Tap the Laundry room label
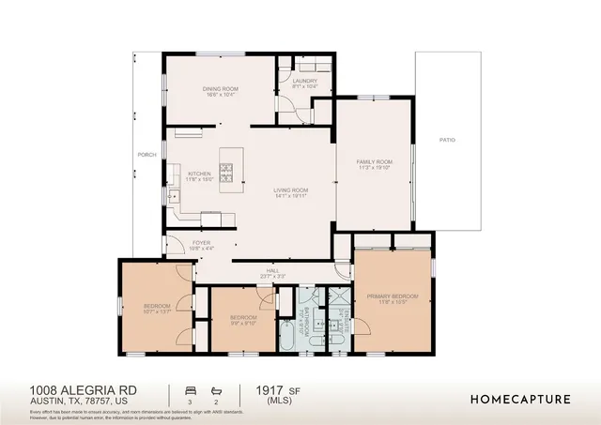pyautogui.click(x=304, y=82)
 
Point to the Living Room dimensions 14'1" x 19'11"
pyautogui.click(x=291, y=197)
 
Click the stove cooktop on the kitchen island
pyautogui.click(x=226, y=171)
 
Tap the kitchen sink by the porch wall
pyautogui.click(x=174, y=197)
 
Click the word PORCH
pyautogui.click(x=146, y=155)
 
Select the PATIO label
pyautogui.click(x=447, y=140)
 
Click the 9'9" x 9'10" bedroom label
pyautogui.click(x=243, y=318)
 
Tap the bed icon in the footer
pyautogui.click(x=192, y=388)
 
